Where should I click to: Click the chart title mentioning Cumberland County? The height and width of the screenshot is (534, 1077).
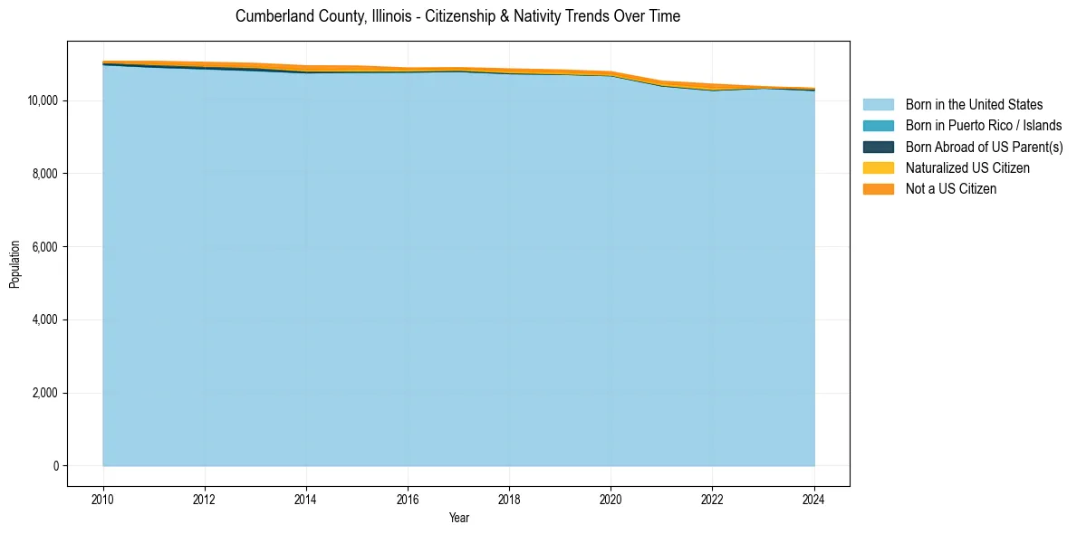tap(457, 16)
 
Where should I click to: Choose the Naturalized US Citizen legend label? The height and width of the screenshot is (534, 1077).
tap(967, 167)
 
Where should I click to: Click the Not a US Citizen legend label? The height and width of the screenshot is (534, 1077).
tap(950, 188)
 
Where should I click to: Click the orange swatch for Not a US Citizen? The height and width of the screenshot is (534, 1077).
tap(878, 188)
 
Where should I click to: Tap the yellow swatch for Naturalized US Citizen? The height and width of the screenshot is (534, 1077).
tap(878, 167)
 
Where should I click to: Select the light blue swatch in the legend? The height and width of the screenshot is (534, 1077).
tap(878, 105)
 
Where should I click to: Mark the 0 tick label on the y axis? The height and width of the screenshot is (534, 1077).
tap(54, 466)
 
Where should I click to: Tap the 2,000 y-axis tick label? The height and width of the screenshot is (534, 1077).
tap(44, 393)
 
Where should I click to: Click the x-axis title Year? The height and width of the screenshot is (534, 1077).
tap(458, 518)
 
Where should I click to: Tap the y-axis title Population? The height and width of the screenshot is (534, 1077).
tap(14, 264)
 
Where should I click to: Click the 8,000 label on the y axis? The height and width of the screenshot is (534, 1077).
tap(44, 174)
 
